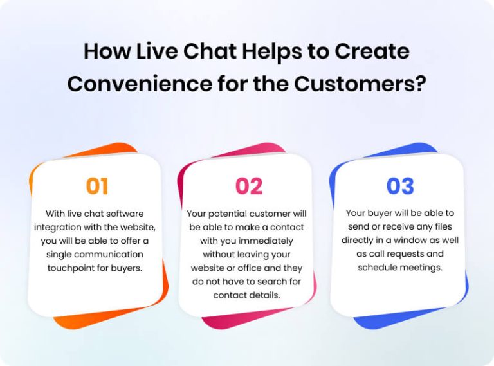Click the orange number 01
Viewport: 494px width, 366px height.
click(x=96, y=186)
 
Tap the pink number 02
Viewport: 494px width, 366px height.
click(x=249, y=186)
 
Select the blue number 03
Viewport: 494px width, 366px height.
click(x=399, y=186)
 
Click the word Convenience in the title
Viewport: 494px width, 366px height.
click(x=138, y=84)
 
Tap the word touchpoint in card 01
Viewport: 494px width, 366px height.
click(x=71, y=267)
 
